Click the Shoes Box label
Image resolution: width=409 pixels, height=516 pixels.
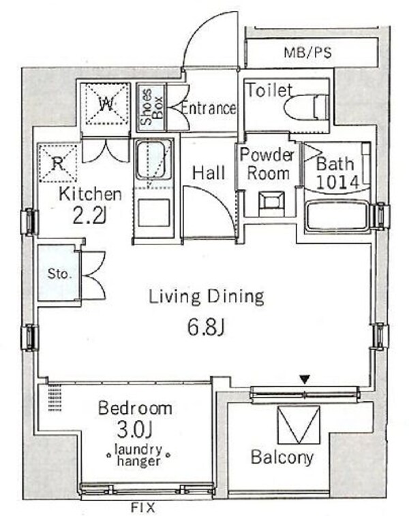151,108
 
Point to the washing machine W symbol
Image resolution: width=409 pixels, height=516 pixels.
105,103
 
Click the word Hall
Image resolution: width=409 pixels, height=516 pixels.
208,173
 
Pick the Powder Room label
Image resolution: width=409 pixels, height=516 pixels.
268,163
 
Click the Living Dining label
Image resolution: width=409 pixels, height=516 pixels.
206,296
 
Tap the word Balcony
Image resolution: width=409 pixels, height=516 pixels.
282,457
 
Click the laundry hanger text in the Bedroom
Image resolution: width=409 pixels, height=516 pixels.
138,455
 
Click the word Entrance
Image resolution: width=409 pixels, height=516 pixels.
208,108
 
